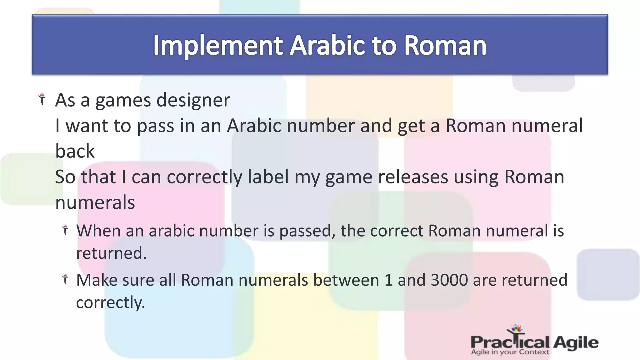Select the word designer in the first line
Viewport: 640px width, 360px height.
(x=193, y=100)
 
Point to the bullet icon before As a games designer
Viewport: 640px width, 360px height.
(x=42, y=99)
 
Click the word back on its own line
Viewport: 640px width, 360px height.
(x=75, y=151)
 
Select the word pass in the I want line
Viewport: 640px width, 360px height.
(x=155, y=126)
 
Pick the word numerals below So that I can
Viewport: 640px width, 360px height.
(x=95, y=202)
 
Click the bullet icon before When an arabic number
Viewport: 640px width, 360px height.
(x=65, y=230)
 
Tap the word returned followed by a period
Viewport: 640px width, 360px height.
(x=111, y=253)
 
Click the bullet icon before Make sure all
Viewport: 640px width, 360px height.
(x=65, y=279)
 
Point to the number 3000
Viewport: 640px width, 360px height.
(x=449, y=280)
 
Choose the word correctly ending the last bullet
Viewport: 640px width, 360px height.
(x=110, y=302)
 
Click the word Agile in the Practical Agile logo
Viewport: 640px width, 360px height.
(x=576, y=342)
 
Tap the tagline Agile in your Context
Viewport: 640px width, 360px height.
(x=510, y=352)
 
